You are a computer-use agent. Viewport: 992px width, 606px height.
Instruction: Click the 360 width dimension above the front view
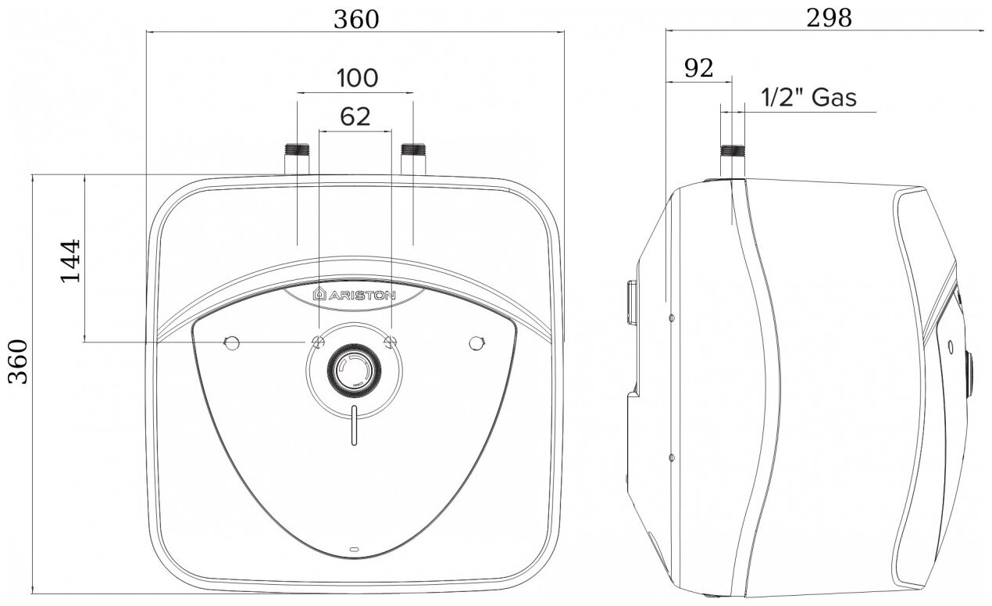coord(356,20)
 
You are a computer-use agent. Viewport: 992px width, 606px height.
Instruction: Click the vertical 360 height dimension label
coord(19,361)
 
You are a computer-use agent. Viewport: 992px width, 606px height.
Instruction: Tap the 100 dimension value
coord(358,78)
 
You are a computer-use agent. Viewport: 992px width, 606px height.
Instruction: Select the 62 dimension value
coord(355,117)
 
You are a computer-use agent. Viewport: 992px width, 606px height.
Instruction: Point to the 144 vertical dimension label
coord(70,261)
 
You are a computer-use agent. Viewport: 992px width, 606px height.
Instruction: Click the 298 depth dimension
coord(829,19)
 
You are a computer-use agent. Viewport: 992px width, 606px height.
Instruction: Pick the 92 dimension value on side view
coord(699,69)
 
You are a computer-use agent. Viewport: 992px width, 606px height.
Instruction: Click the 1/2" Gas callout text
coord(808,98)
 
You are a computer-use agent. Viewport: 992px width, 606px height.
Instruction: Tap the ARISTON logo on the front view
coord(354,294)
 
